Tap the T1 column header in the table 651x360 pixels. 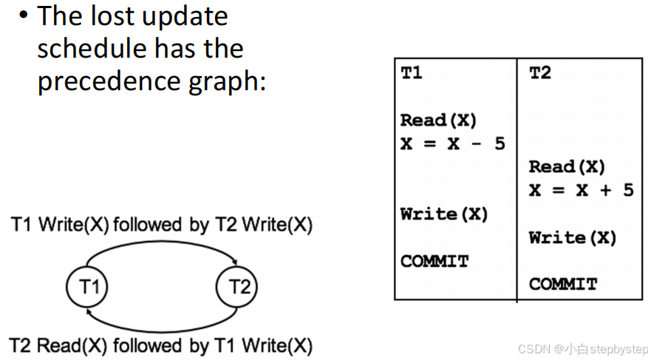click(412, 73)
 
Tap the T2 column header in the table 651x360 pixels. click(540, 73)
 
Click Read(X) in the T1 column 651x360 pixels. click(438, 120)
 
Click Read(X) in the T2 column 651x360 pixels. click(567, 167)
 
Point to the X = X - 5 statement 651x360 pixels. click(452, 143)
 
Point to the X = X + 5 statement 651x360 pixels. click(581, 190)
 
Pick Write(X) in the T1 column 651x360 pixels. click(444, 214)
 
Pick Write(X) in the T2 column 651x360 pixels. click(573, 238)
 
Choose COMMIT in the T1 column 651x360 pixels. click(434, 261)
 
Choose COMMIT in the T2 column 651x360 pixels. click(563, 284)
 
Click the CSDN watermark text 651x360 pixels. click(582, 348)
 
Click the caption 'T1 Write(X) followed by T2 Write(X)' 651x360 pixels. click(161, 225)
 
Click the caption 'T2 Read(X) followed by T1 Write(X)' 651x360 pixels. click(161, 345)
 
